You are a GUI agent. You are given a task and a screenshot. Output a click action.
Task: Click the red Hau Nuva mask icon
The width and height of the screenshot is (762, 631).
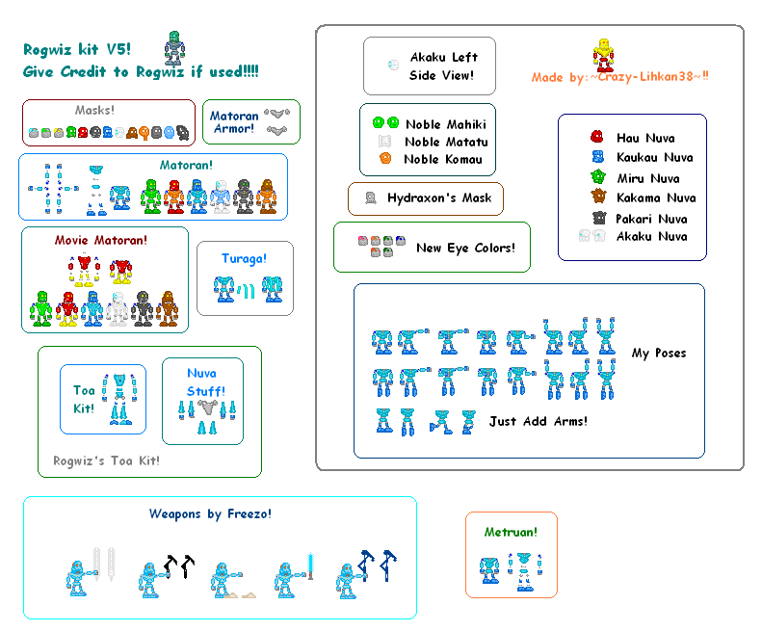(597, 137)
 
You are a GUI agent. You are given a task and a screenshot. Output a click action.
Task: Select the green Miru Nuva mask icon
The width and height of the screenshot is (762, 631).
(597, 176)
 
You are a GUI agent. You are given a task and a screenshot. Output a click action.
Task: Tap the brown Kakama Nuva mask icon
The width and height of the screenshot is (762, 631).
(597, 197)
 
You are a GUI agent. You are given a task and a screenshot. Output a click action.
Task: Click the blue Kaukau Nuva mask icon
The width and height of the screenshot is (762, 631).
(597, 156)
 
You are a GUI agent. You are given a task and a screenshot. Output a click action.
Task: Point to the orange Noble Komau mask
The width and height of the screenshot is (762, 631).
(385, 158)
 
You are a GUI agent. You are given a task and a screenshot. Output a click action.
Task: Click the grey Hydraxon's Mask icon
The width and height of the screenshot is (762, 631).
(370, 198)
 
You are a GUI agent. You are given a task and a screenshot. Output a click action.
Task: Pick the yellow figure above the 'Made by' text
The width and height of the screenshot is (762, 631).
(602, 55)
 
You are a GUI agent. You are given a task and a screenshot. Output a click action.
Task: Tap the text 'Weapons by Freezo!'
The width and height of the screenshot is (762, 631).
(210, 513)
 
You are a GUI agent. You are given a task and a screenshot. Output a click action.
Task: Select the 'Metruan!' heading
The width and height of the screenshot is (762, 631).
(510, 531)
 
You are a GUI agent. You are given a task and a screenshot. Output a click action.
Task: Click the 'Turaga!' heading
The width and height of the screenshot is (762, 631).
(245, 258)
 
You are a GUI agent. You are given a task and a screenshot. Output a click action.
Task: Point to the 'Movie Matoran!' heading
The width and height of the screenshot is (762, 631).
(106, 239)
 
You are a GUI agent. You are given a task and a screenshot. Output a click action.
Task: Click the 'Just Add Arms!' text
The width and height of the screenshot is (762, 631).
(538, 421)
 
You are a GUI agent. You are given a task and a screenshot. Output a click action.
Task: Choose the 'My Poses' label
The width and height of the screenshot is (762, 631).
(659, 353)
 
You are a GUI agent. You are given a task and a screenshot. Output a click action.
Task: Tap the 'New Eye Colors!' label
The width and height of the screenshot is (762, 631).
(465, 248)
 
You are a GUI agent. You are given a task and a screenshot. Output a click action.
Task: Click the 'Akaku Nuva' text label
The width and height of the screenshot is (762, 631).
(651, 236)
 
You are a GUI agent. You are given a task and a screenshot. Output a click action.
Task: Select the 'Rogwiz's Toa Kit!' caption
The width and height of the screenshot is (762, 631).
(106, 460)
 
